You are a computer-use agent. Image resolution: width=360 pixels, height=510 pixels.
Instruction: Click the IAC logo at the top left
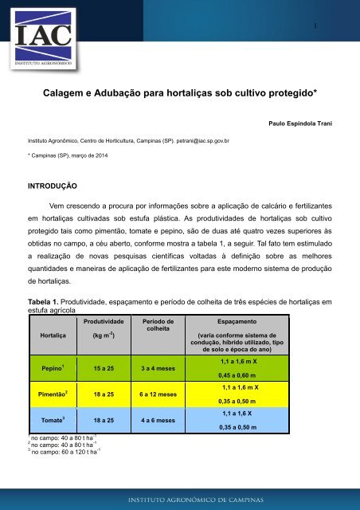coord(44,36)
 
